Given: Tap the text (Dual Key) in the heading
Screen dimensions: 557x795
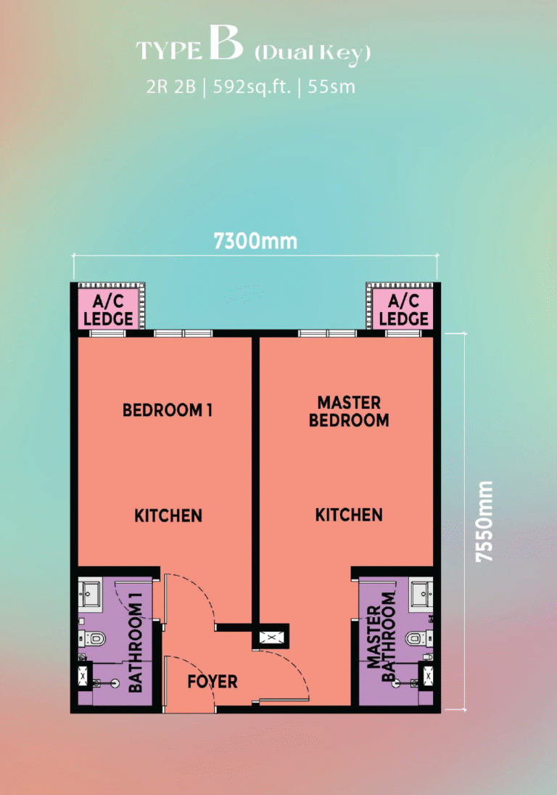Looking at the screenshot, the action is (x=313, y=53).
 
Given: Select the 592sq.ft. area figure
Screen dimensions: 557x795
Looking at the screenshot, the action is (x=252, y=87).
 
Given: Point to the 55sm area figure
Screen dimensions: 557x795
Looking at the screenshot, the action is (x=331, y=86).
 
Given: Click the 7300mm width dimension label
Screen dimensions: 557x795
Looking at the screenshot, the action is (x=255, y=241).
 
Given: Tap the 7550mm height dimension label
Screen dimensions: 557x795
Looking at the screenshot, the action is (x=484, y=521).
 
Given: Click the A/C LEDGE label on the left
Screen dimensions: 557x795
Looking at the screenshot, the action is (x=108, y=310).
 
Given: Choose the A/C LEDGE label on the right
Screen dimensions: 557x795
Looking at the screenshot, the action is (x=403, y=310).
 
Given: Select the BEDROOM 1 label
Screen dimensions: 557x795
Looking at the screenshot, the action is (x=167, y=409).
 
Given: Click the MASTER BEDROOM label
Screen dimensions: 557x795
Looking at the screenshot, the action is (x=349, y=411).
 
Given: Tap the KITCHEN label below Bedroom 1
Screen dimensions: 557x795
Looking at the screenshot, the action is (x=168, y=515).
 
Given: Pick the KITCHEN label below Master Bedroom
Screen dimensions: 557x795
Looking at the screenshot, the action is (x=349, y=515).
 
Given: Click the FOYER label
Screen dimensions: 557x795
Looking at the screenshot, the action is (x=213, y=682).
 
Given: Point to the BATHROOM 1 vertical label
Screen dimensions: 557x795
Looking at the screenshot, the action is (x=135, y=643).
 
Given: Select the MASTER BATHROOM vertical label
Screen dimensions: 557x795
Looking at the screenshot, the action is (x=381, y=637).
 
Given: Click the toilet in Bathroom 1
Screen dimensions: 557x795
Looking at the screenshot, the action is (x=93, y=638).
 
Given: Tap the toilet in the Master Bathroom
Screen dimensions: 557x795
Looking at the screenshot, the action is (x=418, y=638).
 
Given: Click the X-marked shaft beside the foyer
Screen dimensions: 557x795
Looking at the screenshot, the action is (x=271, y=637).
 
